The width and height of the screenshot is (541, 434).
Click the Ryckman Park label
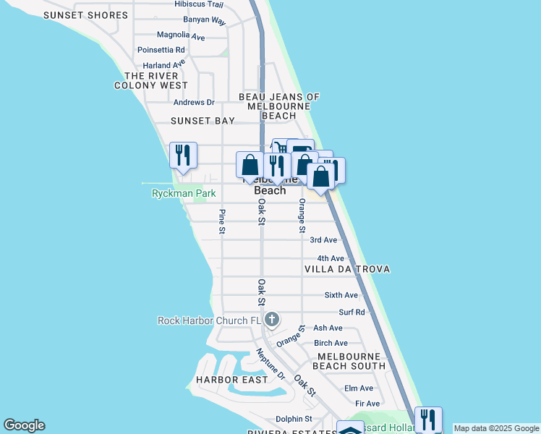184,193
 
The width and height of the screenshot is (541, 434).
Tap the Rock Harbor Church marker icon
272,319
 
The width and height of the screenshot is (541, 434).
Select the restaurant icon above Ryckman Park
183,156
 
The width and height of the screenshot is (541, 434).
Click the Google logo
24,425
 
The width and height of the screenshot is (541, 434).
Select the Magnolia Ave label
181,35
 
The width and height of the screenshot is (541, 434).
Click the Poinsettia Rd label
160,50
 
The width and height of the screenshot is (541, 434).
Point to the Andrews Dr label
194,103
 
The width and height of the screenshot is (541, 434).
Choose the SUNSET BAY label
203,121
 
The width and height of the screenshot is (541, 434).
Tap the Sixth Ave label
341,295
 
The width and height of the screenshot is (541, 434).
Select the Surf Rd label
352,312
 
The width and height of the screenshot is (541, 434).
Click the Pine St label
222,221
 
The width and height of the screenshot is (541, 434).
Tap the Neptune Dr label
270,364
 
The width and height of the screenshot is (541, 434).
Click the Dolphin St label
293,419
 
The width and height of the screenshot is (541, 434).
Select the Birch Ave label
331,343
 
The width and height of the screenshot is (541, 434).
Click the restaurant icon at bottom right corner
428,419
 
